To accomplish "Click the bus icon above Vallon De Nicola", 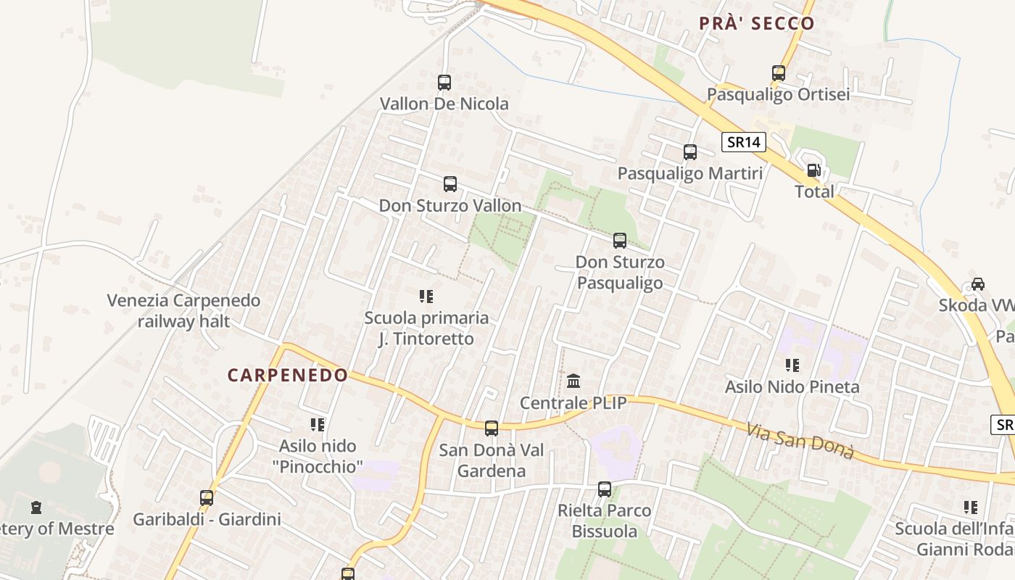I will [444, 83].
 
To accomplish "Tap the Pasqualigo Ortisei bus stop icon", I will [779, 73].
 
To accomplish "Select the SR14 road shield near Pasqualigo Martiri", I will [744, 142].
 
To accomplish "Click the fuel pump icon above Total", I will [814, 170].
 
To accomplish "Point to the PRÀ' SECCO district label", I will [757, 23].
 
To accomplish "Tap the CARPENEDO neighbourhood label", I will [288, 375].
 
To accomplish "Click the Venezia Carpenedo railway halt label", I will [183, 310].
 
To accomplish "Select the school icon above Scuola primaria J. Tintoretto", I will [426, 296].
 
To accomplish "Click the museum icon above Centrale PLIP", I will [573, 381].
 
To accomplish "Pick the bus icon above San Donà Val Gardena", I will [492, 428].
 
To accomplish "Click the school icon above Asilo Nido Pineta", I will [792, 365].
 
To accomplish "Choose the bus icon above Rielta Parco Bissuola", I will [605, 489].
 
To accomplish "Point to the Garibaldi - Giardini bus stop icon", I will [207, 498].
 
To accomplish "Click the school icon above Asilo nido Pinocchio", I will [317, 424].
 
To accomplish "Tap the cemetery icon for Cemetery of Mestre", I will [36, 507].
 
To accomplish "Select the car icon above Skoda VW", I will [978, 283].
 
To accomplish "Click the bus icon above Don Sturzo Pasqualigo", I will [620, 241].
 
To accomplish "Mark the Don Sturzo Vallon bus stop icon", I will [450, 184].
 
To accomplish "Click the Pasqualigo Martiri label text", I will [690, 173].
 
